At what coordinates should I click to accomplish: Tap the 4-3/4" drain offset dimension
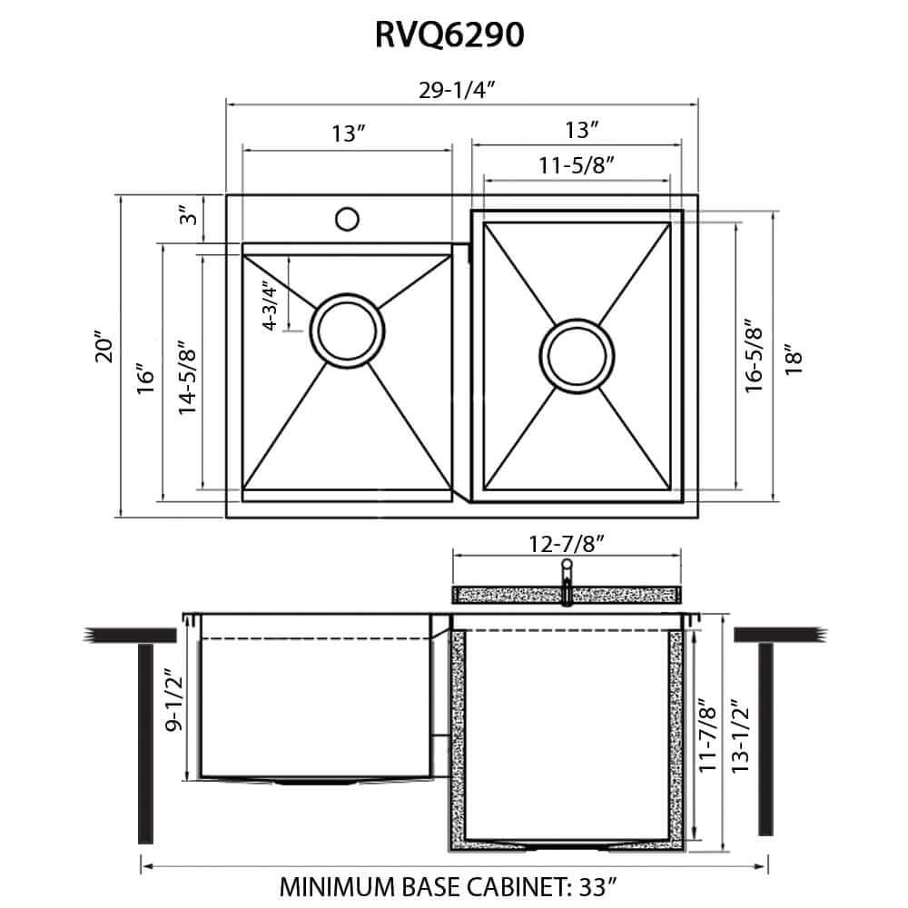pyautogui.click(x=269, y=308)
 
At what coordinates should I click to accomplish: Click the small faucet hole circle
pyautogui.click(x=345, y=219)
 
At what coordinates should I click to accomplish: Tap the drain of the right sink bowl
pyautogui.click(x=575, y=355)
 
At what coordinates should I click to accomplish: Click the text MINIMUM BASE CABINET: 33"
pyautogui.click(x=454, y=885)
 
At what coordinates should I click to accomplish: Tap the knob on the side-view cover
pyautogui.click(x=566, y=570)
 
